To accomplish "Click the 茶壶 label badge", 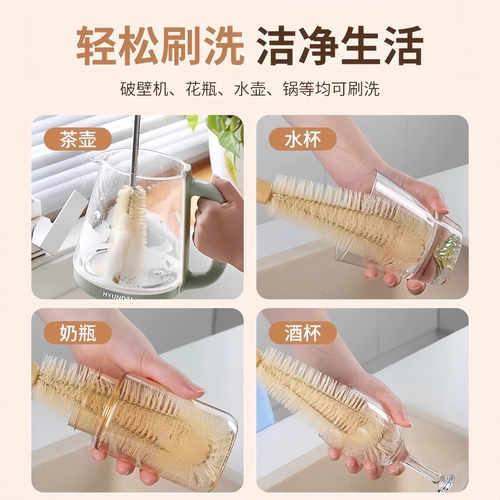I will (x=78, y=139).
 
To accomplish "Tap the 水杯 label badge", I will (x=302, y=139).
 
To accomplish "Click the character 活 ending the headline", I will (x=403, y=46).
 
